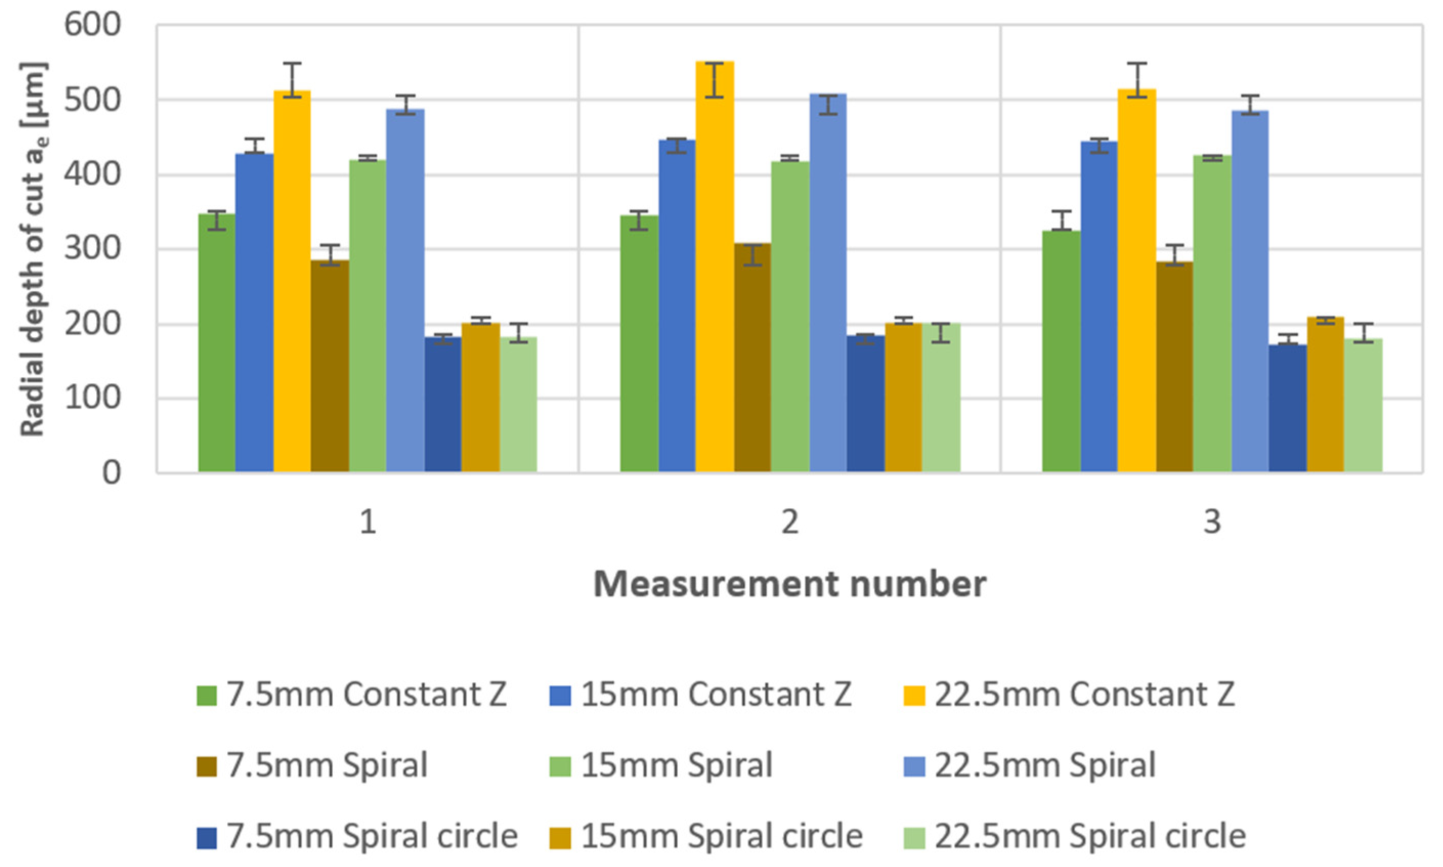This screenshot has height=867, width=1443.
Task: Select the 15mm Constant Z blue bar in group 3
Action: point(1099,307)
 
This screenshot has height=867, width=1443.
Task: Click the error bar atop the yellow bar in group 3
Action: point(1136,79)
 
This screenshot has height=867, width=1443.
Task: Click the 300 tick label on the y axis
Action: point(92,249)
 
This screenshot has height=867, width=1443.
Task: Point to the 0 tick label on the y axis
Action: point(111,472)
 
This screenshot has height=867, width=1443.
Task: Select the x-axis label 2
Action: point(789,522)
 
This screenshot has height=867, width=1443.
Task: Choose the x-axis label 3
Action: point(1212,522)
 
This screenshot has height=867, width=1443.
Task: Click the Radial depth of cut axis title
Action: point(33,249)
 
